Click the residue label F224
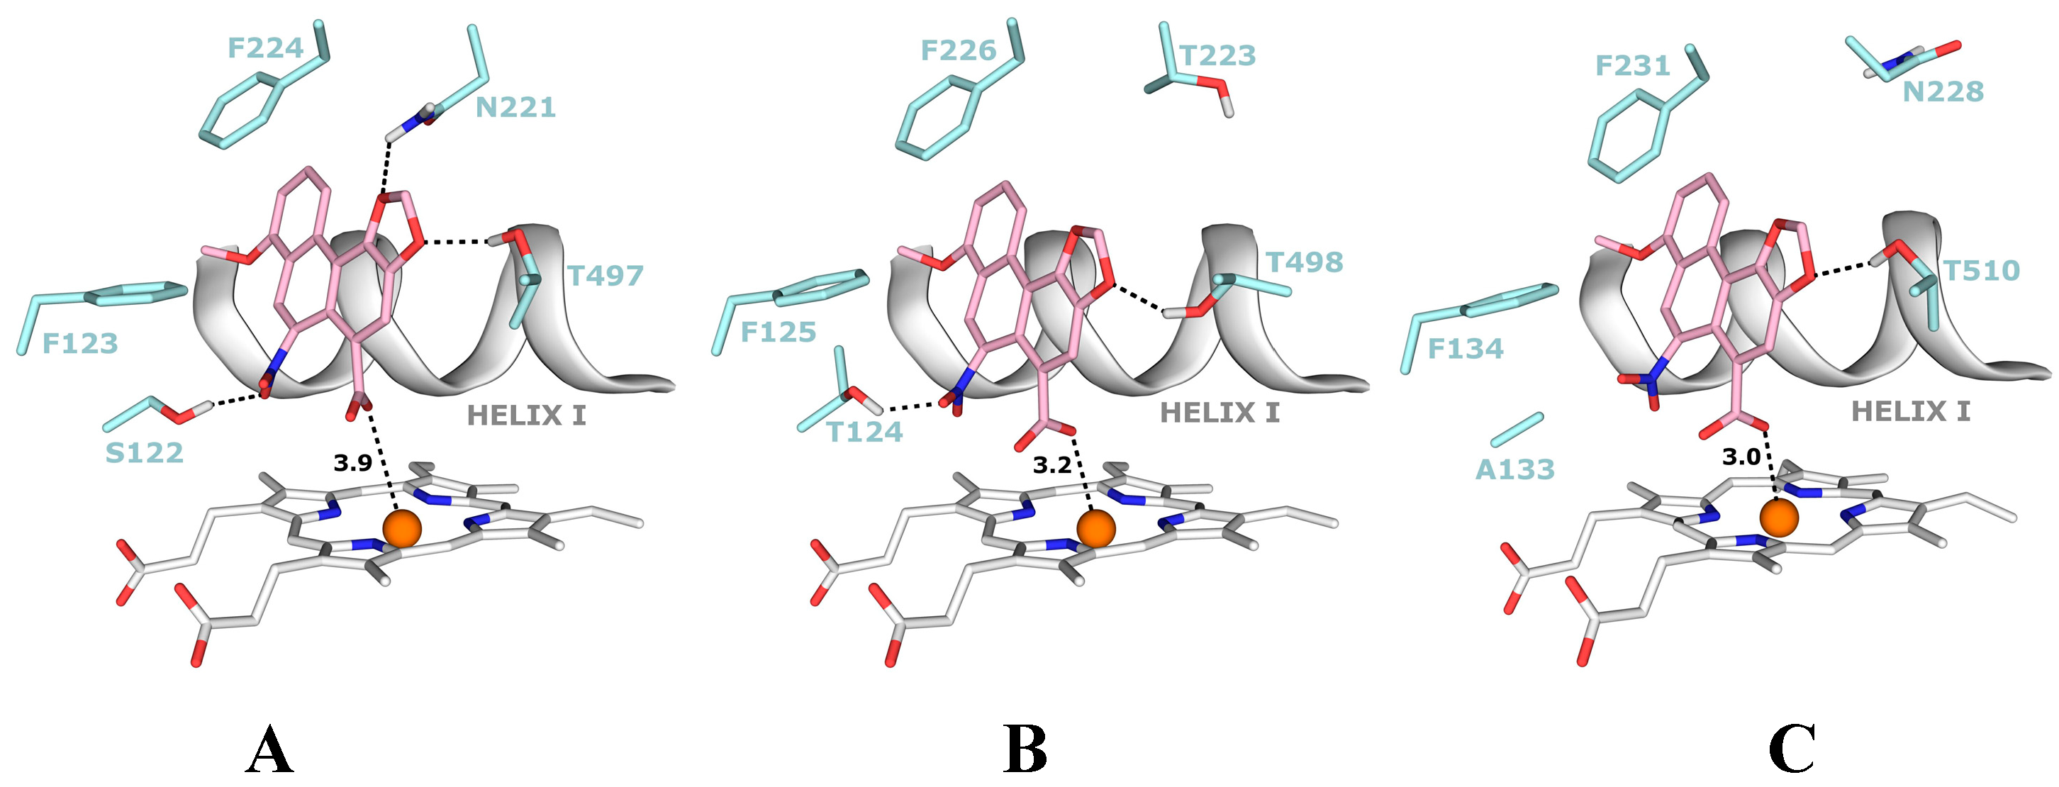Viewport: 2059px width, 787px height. tap(265, 48)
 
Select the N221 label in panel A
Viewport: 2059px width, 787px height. tap(515, 107)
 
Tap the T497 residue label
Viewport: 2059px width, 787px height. tap(605, 276)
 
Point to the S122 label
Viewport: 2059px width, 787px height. tap(144, 453)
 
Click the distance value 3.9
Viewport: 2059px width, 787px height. tap(352, 462)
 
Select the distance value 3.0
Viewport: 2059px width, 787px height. tap(1741, 457)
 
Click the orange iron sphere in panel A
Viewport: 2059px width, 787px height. tap(401, 528)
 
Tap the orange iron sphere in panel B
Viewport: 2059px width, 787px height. tap(1096, 528)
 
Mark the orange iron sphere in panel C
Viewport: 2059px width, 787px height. tap(1779, 517)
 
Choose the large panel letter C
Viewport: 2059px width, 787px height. tap(1792, 749)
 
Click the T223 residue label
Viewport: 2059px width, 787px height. tap(1218, 56)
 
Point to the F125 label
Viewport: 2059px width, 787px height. tap(778, 332)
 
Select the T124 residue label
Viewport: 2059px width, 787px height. tap(864, 432)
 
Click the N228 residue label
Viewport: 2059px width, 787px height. tap(1942, 92)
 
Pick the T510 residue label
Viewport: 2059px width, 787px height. tap(1981, 271)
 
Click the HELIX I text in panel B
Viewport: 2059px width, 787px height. tap(1220, 413)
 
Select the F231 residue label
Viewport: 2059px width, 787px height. tap(1632, 65)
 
